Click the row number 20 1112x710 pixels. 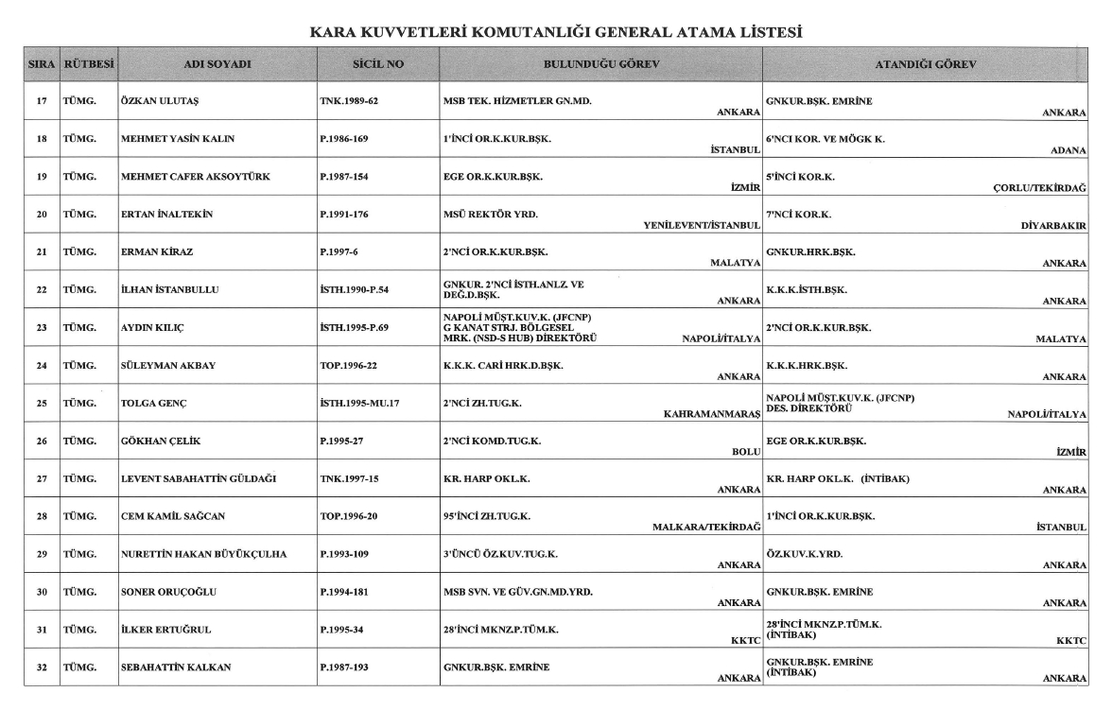pos(42,215)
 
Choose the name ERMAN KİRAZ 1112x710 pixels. pos(154,252)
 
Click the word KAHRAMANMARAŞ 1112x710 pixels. pos(713,414)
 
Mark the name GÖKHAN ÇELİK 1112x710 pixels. pos(158,441)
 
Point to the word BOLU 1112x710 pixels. pos(747,452)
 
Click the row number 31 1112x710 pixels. pos(42,630)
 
